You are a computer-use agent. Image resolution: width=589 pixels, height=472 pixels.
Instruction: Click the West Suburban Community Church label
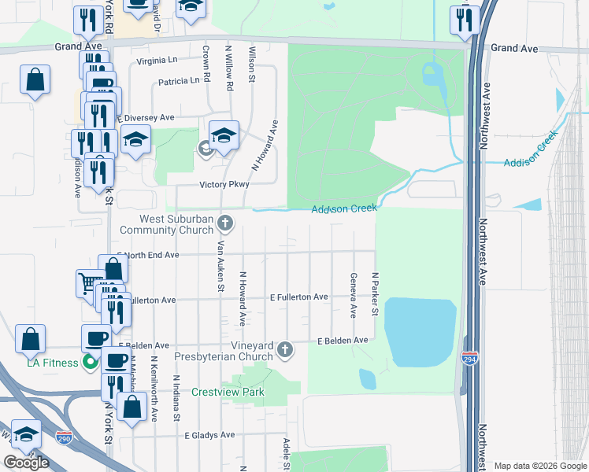pos(165,224)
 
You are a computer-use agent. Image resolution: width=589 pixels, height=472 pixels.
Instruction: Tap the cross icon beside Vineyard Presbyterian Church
pos(284,349)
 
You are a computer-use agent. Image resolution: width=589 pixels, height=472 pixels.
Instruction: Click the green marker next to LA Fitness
pos(91,363)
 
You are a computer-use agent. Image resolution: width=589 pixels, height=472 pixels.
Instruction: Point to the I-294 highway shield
pos(469,357)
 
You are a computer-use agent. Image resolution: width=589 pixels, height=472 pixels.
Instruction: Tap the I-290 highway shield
pos(64,434)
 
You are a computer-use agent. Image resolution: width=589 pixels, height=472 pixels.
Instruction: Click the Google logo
pos(26,463)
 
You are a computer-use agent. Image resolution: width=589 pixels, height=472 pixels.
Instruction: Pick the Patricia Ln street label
pos(178,81)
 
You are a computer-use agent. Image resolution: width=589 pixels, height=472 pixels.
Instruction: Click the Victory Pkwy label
pos(224,185)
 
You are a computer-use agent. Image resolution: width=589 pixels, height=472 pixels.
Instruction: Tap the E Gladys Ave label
pos(209,435)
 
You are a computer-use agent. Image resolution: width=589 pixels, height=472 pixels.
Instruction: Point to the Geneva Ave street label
pos(354,295)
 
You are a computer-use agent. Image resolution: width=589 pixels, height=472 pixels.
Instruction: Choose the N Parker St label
pos(376,295)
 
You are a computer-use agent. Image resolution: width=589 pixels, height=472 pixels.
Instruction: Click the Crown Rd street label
pos(207,67)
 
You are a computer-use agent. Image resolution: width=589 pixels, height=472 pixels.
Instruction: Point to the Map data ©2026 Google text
pos(540,466)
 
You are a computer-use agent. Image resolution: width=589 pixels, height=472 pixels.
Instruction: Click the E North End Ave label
pos(148,255)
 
